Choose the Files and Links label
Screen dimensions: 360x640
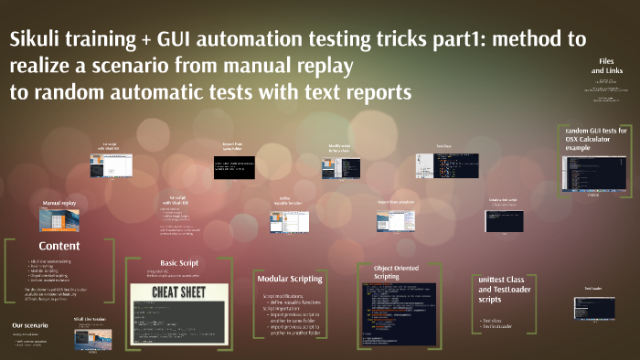tap(603, 65)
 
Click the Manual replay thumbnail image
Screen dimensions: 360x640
tap(58, 220)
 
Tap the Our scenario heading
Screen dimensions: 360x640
tap(29, 326)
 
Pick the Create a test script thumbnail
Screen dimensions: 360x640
tap(503, 220)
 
